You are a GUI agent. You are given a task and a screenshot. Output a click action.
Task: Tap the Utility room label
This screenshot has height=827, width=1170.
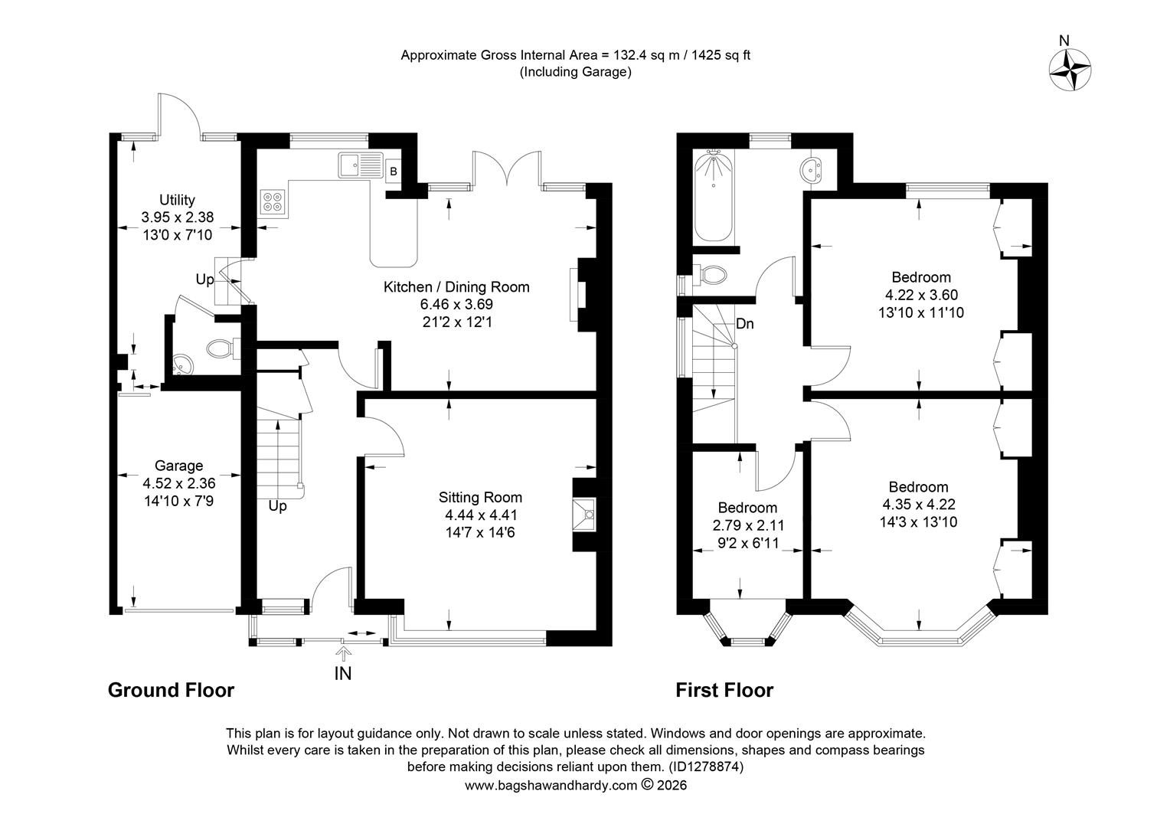(x=177, y=200)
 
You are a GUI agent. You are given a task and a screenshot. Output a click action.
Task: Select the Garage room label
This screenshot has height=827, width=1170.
(x=178, y=466)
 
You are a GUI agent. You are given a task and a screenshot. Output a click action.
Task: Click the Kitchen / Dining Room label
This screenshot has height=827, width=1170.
(x=456, y=287)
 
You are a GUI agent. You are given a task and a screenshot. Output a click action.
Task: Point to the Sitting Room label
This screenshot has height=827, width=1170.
(x=480, y=498)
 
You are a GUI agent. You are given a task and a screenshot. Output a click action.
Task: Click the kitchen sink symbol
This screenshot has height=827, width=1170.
(x=361, y=165)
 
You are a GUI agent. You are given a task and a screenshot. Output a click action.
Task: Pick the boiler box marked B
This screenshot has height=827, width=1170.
(x=394, y=172)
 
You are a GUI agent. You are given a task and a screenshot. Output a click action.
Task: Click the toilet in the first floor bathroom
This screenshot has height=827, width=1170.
(x=711, y=275)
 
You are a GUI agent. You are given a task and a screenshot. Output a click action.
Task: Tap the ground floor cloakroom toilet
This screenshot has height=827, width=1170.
(x=224, y=348)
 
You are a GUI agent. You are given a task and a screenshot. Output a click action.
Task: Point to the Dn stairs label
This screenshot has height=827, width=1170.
(x=744, y=324)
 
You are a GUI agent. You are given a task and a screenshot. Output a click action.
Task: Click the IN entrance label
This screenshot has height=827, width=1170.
(x=342, y=674)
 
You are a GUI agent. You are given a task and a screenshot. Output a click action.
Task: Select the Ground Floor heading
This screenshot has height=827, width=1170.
(x=171, y=690)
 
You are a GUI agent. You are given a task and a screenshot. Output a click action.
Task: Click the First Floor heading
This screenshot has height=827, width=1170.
(x=724, y=690)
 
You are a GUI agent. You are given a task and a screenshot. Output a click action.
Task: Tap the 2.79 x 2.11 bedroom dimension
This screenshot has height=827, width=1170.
(x=748, y=525)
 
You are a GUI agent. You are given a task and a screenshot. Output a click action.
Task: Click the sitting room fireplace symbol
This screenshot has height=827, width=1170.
(x=584, y=515)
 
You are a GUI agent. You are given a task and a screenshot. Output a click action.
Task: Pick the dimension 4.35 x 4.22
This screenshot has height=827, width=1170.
(x=919, y=504)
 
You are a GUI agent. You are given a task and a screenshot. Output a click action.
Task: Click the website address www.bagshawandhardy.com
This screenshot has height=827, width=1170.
(x=551, y=785)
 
